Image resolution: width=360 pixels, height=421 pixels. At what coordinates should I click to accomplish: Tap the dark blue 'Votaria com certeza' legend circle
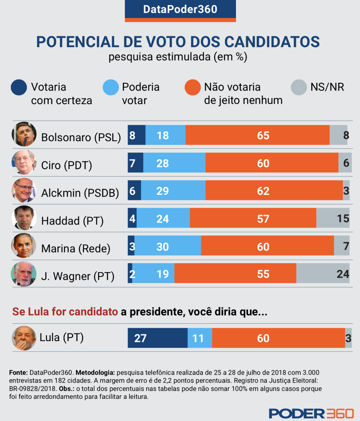19,87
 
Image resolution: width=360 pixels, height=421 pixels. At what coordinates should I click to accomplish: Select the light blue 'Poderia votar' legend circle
111,87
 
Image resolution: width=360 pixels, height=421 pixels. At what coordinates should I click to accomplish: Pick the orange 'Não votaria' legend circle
193,87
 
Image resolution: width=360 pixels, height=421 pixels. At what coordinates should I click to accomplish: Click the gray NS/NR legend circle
299,87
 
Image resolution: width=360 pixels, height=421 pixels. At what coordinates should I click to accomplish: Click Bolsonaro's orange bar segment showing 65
257,135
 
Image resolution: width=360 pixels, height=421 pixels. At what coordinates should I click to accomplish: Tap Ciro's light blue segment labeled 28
174,163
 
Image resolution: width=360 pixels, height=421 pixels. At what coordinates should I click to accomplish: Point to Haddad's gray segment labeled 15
333,218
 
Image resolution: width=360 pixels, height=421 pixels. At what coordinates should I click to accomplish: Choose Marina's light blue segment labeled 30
168,246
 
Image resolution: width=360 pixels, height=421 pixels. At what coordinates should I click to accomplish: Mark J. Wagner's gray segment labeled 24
323,274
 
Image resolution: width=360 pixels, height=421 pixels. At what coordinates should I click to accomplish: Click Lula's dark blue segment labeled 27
158,338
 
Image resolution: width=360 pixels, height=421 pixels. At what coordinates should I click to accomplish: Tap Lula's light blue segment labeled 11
200,338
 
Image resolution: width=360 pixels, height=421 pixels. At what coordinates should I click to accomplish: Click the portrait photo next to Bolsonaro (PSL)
24,134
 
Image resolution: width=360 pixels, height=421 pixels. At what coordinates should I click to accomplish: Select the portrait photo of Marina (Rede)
24,246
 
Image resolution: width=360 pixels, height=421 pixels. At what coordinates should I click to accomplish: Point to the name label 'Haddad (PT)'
72,221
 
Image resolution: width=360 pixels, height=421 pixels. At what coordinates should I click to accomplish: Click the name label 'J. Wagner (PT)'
78,277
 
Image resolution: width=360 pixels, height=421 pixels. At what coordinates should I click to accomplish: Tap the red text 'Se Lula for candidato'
65,312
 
